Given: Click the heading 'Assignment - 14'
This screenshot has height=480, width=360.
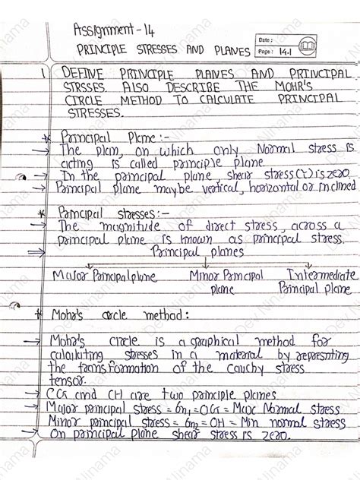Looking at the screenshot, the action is click(112, 30).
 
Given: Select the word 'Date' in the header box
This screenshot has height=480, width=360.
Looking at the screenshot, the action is click(265, 39).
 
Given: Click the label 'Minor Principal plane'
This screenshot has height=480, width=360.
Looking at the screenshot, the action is click(226, 282).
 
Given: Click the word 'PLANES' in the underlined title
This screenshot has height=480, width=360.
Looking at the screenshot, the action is click(229, 52).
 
